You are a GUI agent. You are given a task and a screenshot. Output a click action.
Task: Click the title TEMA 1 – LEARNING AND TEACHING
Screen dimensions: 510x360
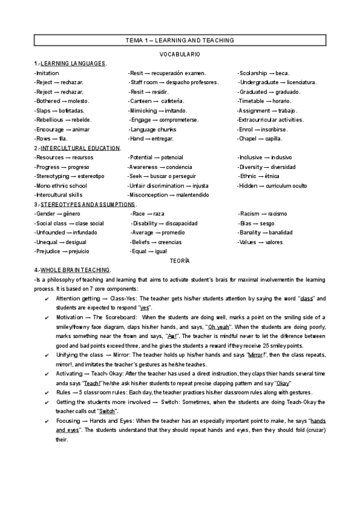180,40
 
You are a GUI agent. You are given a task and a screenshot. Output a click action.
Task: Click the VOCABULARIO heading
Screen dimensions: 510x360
180,54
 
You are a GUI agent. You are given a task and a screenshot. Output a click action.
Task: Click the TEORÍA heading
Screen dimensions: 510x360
180,260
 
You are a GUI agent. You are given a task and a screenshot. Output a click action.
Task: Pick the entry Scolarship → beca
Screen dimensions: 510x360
264,73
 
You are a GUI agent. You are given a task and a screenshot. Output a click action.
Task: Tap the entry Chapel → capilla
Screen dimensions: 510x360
260,138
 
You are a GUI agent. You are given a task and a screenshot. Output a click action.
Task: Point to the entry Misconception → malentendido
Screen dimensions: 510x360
169,195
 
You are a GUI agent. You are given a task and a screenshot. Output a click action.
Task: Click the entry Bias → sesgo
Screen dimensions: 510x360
257,223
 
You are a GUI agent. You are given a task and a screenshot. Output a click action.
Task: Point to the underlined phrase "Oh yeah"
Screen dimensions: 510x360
218,326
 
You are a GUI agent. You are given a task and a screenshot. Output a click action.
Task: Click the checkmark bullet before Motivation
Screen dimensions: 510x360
47,317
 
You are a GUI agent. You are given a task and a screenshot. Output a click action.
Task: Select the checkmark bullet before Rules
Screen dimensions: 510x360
47,392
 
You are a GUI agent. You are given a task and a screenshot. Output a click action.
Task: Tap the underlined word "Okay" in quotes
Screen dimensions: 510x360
282,382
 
